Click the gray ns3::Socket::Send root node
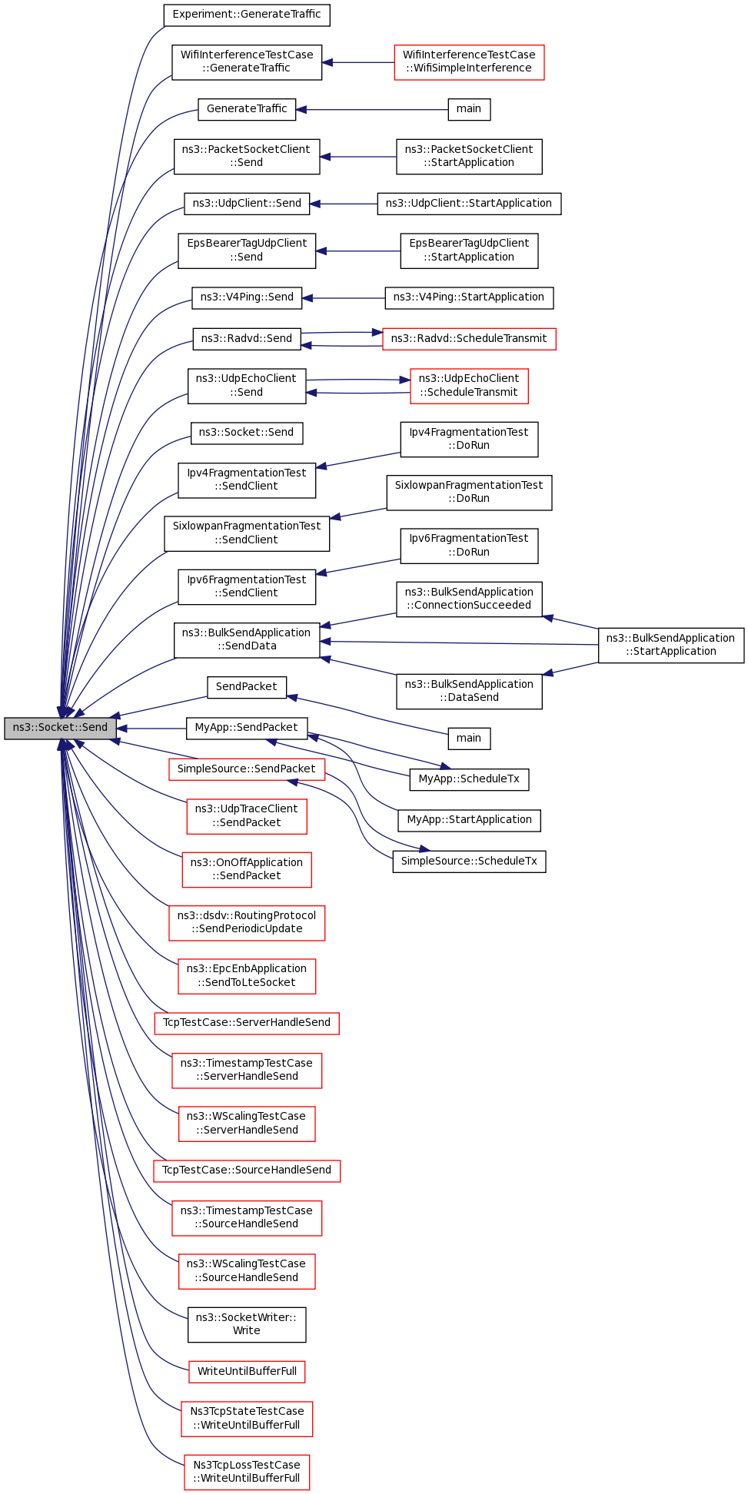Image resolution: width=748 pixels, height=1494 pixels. click(60, 729)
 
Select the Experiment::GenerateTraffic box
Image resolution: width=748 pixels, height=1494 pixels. click(247, 15)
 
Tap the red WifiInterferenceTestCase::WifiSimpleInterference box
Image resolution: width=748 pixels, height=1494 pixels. click(469, 61)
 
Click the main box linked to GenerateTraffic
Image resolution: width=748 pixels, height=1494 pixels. click(469, 109)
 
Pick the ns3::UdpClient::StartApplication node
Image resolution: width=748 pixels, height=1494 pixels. click(469, 204)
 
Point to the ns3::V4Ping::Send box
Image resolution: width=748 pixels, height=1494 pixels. click(247, 297)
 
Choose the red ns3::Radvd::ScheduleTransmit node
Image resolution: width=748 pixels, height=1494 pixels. click(469, 338)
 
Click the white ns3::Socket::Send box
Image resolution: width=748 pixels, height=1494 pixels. click(247, 433)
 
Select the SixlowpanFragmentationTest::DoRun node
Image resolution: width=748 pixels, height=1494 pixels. click(469, 492)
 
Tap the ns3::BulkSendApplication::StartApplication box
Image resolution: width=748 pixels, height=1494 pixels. click(671, 645)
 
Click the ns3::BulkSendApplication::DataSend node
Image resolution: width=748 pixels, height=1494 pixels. click(469, 691)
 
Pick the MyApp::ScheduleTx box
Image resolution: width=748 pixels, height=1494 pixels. click(469, 779)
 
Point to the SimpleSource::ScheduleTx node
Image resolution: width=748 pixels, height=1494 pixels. click(469, 862)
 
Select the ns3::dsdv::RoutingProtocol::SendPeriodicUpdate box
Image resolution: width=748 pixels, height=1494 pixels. click(247, 922)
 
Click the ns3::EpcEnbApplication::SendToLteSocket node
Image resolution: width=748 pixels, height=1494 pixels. click(247, 976)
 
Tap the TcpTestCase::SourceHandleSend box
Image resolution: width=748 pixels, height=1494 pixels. click(247, 1170)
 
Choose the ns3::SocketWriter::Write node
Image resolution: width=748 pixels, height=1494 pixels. click(247, 1324)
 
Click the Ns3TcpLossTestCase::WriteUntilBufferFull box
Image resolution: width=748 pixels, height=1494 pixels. click(247, 1472)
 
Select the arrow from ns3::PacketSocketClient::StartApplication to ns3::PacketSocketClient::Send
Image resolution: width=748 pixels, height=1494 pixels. click(358, 157)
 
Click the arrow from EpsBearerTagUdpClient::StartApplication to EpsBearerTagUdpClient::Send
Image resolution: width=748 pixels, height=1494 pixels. click(358, 251)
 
